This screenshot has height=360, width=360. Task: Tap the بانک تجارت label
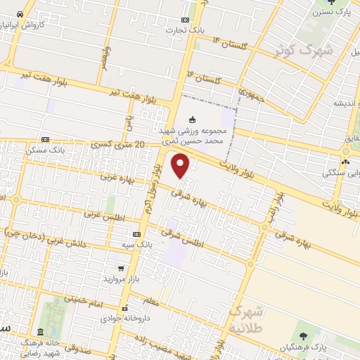pyautogui.click(x=184, y=30)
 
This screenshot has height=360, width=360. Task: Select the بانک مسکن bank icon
pyautogui.click(x=46, y=140)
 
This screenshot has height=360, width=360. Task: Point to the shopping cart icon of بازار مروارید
pyautogui.click(x=122, y=269)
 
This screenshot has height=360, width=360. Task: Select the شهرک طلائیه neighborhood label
pyautogui.click(x=249, y=317)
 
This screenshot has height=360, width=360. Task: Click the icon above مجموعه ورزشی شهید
pyautogui.click(x=193, y=119)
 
